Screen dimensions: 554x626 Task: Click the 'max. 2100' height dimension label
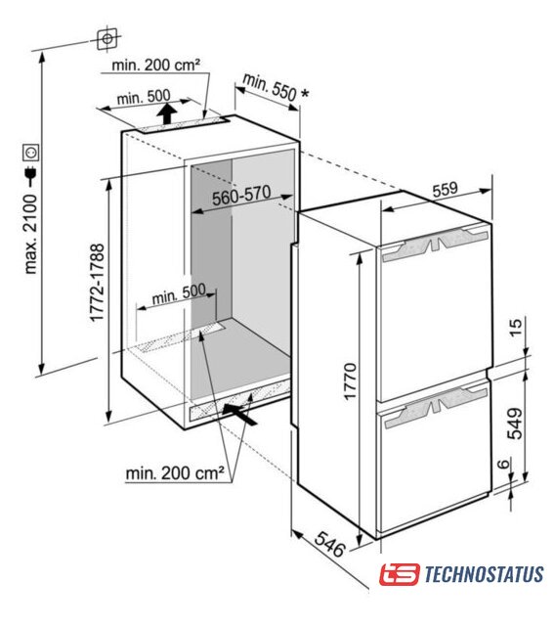point(31,235)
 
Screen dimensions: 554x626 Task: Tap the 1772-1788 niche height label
point(97,283)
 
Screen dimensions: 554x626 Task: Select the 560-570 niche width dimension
point(241,195)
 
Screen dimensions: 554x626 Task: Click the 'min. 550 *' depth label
point(276,88)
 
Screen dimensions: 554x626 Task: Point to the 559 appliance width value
point(445,189)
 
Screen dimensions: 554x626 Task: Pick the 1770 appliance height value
point(350,380)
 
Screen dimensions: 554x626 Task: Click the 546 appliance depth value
point(330,545)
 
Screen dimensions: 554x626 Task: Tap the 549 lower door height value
point(515,424)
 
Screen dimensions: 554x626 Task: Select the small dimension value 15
point(515,328)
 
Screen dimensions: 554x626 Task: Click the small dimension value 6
point(504,464)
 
